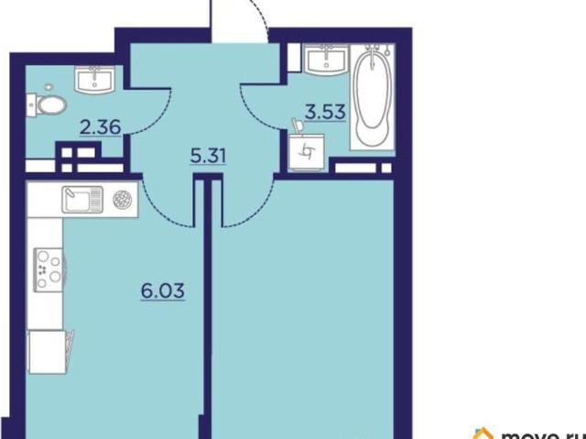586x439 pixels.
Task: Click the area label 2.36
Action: (x=101, y=126)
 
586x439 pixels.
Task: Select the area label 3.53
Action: (x=325, y=112)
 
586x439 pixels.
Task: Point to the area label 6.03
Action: (x=163, y=291)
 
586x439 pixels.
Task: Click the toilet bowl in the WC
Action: (x=48, y=104)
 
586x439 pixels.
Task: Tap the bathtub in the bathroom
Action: (x=373, y=97)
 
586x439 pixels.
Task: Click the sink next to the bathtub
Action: (x=327, y=60)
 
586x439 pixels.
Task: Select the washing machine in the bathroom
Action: (x=308, y=152)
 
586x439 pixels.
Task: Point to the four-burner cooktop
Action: (x=49, y=270)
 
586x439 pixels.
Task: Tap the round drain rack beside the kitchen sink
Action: (x=123, y=199)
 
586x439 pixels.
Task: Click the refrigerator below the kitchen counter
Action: (x=48, y=352)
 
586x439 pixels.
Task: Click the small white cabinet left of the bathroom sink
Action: (x=294, y=58)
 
